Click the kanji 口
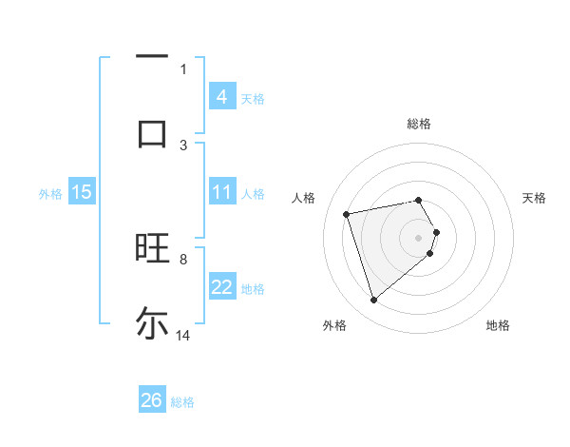point(152,133)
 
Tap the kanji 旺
point(152,248)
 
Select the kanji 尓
point(152,322)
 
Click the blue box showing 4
point(222,96)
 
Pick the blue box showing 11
point(222,192)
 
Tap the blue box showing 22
point(222,287)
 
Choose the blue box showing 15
point(82,192)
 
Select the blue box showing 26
point(152,400)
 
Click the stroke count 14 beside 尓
point(183,336)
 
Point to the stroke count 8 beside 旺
point(183,259)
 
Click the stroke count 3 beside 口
point(183,145)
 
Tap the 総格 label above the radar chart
point(419,124)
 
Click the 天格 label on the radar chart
point(535,198)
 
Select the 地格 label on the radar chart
point(498,325)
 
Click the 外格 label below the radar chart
point(334,325)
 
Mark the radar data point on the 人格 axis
point(347,213)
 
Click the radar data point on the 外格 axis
point(373,300)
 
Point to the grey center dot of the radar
point(419,237)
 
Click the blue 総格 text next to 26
point(182,402)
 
